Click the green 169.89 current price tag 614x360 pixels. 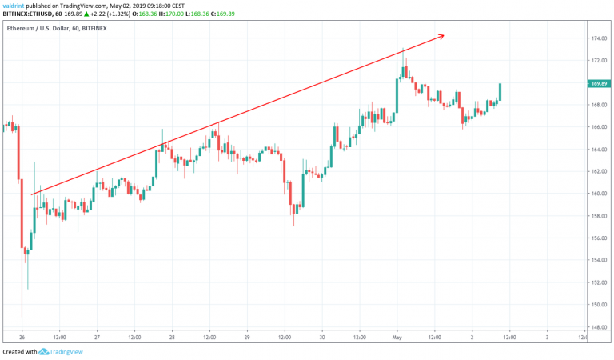597,83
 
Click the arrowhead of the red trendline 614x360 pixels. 441,36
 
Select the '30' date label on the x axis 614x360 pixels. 322,337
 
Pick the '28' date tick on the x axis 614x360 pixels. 172,337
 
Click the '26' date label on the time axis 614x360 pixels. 22,337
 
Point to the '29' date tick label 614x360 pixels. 247,337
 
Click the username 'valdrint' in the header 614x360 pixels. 17,5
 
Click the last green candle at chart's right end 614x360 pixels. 500,92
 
